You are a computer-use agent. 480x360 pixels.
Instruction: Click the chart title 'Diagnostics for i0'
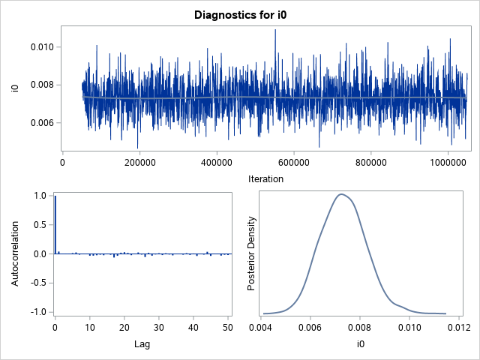coord(239,14)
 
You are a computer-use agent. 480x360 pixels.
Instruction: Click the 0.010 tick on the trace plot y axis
coord(40,46)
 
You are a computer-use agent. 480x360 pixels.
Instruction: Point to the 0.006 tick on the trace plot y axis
coord(40,123)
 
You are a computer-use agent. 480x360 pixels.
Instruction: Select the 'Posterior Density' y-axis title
coord(253,253)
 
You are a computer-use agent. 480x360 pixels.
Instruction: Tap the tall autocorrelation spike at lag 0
coord(55,225)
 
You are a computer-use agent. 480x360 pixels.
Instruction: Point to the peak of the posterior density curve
coord(341,194)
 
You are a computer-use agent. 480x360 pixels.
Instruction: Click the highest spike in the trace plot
coord(275,30)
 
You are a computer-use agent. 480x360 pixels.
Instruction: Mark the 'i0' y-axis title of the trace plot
coord(15,88)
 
